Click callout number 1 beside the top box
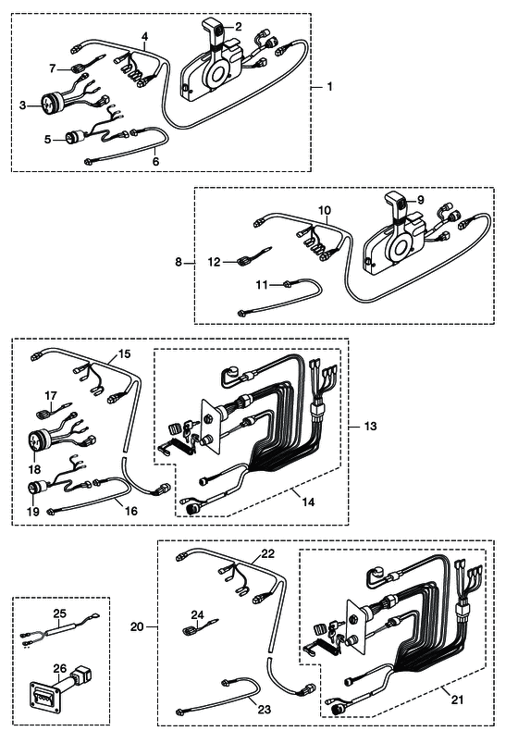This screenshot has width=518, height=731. click(x=329, y=87)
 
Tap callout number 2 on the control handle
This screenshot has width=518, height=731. click(x=239, y=27)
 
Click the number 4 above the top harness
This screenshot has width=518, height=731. click(x=145, y=36)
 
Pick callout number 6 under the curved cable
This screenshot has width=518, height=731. click(x=155, y=161)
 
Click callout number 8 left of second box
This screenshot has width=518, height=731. click(x=179, y=262)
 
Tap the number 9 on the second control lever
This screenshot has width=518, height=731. click(x=421, y=200)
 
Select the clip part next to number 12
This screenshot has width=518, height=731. click(x=243, y=261)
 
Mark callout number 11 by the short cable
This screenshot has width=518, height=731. click(x=262, y=284)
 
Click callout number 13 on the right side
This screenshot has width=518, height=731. click(x=370, y=426)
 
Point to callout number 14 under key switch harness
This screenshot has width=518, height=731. click(x=308, y=502)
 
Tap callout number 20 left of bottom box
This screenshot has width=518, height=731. click(x=137, y=627)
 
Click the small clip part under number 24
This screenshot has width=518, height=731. click(x=189, y=631)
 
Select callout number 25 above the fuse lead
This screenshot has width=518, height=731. click(x=60, y=613)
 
